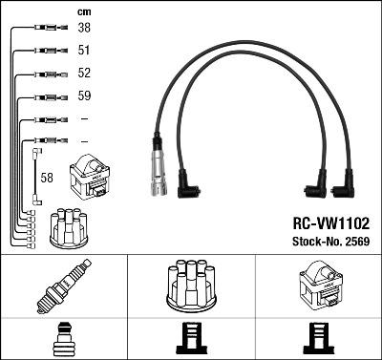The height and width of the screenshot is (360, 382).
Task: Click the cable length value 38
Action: [x=83, y=30]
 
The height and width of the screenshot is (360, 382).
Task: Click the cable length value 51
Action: [x=83, y=52]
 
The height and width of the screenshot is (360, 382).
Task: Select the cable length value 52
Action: [x=83, y=74]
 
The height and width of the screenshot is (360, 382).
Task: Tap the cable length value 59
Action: [x=83, y=96]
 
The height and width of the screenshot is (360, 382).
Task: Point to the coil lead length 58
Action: [x=48, y=178]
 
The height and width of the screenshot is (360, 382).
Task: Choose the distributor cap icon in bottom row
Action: [x=191, y=284]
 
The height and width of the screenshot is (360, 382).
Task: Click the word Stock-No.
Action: [x=312, y=240]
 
